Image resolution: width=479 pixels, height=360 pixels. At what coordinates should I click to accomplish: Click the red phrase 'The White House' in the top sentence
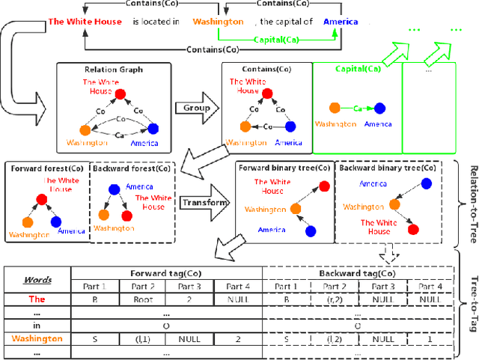(84, 22)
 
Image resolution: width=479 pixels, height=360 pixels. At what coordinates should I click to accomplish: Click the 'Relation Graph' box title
(103, 70)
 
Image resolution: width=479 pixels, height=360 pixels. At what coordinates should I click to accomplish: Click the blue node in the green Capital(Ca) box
(380, 109)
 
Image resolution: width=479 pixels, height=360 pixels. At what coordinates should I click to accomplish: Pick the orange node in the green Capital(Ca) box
(334, 109)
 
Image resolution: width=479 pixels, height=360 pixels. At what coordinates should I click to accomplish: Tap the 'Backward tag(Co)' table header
(357, 274)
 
